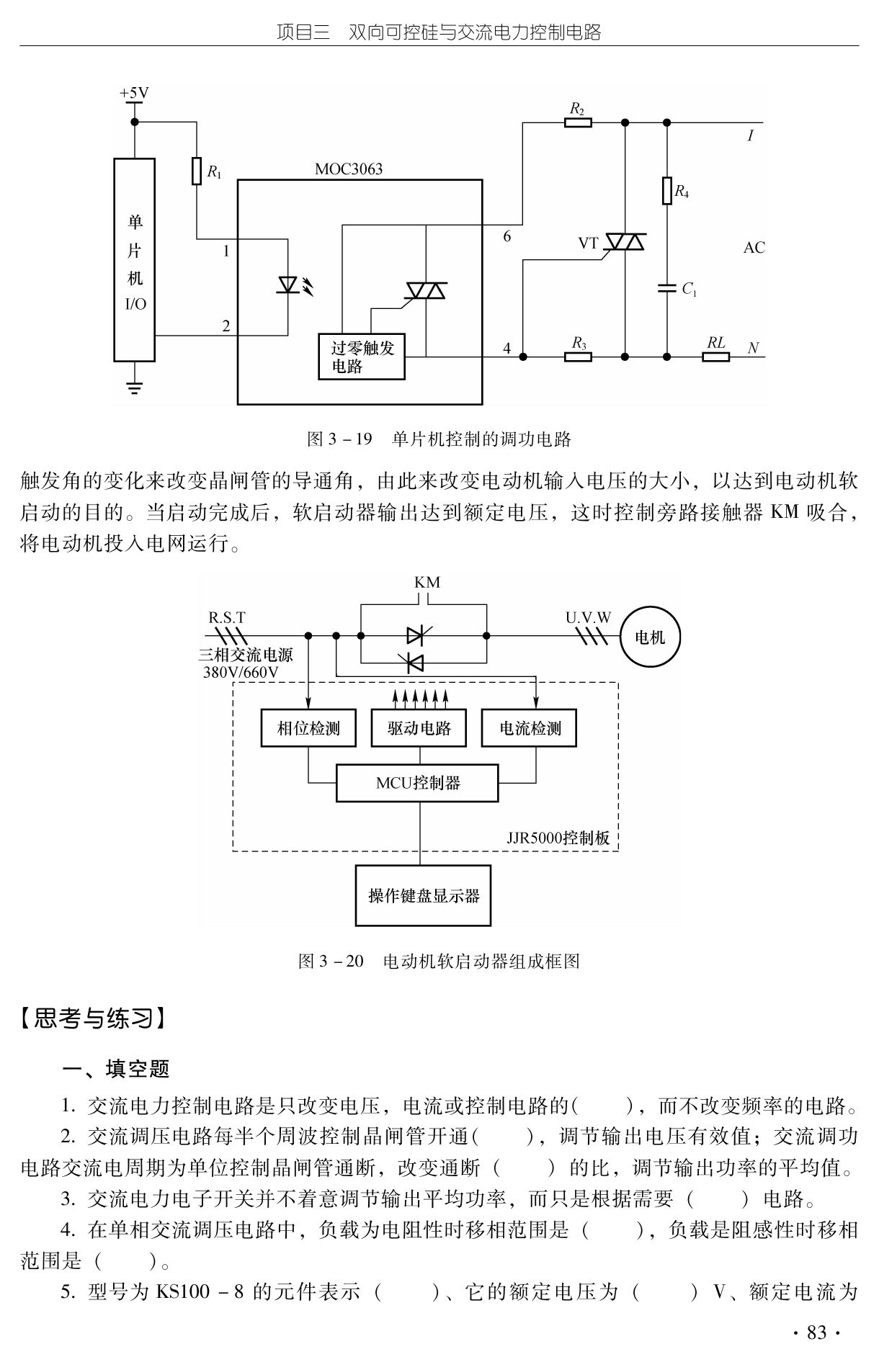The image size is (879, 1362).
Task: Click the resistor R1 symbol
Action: point(197,171)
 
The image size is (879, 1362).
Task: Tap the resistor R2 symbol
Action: point(578,122)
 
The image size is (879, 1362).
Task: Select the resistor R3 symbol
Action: point(578,356)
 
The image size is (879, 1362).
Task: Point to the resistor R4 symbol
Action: point(667,191)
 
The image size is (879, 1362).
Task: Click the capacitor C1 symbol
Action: point(667,288)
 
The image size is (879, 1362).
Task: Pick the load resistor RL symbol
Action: point(716,356)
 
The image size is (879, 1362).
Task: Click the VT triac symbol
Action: point(624,242)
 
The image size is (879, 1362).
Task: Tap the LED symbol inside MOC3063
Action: point(288,286)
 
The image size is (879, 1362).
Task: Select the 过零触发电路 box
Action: point(362,357)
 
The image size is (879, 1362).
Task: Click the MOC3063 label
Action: point(349,169)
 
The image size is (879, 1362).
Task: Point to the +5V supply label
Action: point(134,94)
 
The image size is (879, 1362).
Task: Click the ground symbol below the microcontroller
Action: point(134,387)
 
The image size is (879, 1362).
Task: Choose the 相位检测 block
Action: point(308,728)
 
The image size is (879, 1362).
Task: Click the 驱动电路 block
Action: point(419,728)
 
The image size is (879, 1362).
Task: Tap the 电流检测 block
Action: point(530,728)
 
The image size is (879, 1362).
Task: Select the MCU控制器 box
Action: point(417,783)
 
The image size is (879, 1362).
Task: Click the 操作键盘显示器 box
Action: point(423,896)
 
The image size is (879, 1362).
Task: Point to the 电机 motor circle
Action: point(650,637)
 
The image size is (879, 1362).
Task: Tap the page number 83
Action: point(817,1333)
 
